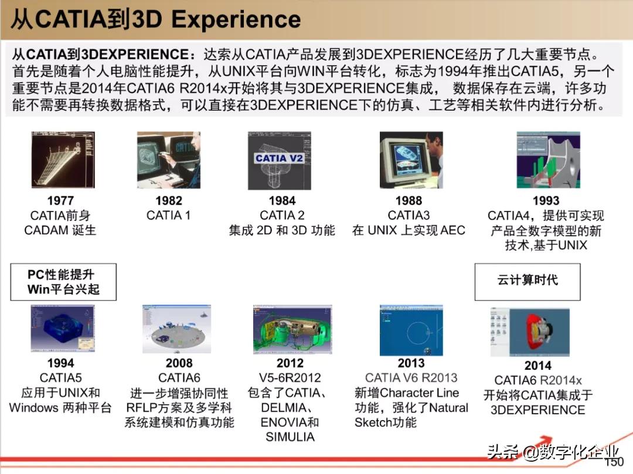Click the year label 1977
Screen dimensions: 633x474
[x=60, y=200]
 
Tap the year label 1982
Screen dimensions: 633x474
[x=169, y=200]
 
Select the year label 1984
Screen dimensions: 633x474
[x=282, y=200]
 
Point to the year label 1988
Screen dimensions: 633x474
[x=409, y=200]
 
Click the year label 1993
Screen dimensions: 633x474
[x=546, y=200]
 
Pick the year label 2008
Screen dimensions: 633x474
[x=179, y=363]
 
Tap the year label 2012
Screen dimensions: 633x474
[x=290, y=363]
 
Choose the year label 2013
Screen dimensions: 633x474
[x=411, y=363]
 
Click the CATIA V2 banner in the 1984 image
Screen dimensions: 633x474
[x=279, y=158]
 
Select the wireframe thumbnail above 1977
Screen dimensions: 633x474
[x=63, y=160]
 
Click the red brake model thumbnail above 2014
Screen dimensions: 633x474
[x=530, y=332]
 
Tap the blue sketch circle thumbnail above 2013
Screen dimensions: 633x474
[x=411, y=330]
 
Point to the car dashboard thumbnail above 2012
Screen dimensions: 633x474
[x=292, y=330]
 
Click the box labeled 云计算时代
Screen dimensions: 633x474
[x=527, y=282]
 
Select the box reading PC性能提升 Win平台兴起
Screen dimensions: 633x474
[x=63, y=282]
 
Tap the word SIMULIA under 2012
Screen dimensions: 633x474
[x=290, y=437]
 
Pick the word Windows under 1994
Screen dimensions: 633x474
[x=34, y=407]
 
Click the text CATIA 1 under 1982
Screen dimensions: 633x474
[x=168, y=216]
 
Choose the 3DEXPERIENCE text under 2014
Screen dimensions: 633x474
[x=537, y=410]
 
